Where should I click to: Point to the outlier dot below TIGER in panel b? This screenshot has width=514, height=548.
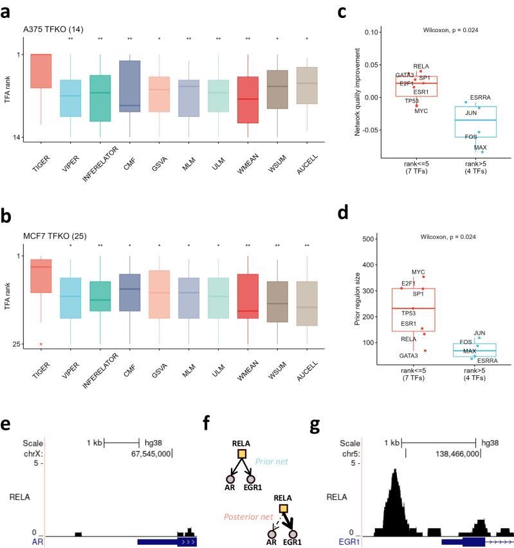tap(41, 344)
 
